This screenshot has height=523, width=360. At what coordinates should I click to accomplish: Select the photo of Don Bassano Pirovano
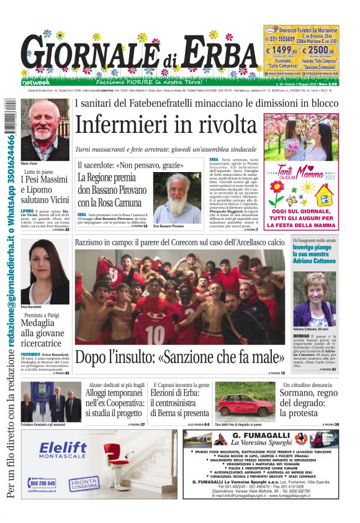[x=178, y=198]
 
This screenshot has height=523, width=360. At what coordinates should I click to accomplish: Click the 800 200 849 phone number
[x=43, y=483]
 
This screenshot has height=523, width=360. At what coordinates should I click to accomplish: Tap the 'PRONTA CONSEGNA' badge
[x=83, y=482]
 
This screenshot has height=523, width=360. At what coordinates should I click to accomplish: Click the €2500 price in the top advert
[x=321, y=51]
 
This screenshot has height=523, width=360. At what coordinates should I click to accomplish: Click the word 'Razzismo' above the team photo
[x=94, y=242]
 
